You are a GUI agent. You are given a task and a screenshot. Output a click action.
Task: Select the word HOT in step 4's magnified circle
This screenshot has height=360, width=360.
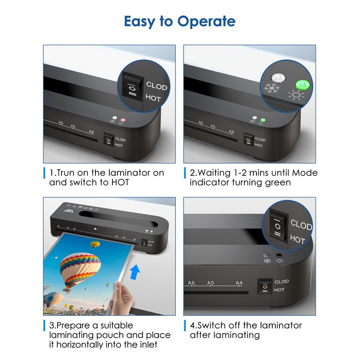pos(297,239)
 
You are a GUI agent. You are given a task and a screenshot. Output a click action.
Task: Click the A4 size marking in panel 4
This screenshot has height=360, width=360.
pos(240,283)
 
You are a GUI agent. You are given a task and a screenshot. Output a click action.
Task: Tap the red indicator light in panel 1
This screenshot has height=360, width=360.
pos(122,120)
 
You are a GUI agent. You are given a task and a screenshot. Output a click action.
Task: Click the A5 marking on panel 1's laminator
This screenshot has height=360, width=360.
pos(73,126)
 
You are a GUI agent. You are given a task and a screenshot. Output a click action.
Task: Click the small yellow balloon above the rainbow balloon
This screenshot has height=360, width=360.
pos(95,244)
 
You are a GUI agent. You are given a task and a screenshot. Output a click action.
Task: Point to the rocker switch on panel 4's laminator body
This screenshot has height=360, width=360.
pos(265,286)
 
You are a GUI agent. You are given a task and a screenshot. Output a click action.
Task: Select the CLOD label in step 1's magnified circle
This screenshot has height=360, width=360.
pos(156,86)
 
